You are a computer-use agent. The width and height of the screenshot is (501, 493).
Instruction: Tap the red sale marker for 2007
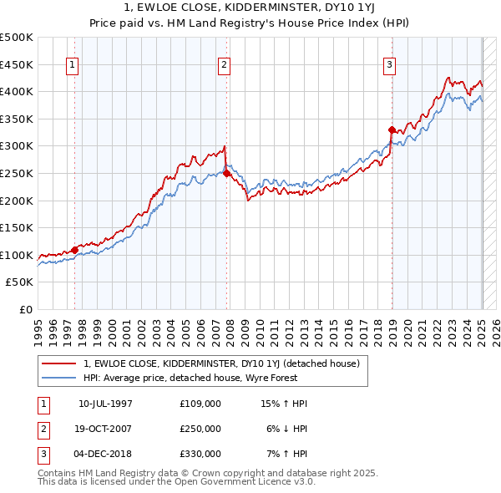coord(226,173)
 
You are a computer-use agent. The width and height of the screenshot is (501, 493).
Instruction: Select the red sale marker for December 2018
coord(392,130)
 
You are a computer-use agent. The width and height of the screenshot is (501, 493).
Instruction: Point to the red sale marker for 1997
coord(74,250)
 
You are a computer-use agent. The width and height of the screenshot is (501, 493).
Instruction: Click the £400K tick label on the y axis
coord(17,91)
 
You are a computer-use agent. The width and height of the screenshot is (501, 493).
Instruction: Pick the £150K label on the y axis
coord(17,227)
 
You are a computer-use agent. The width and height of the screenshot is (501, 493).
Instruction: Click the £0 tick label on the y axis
coord(25,309)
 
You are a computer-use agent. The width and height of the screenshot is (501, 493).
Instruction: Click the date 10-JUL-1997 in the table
coord(105,404)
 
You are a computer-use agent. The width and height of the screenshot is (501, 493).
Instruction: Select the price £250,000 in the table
coord(200,429)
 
